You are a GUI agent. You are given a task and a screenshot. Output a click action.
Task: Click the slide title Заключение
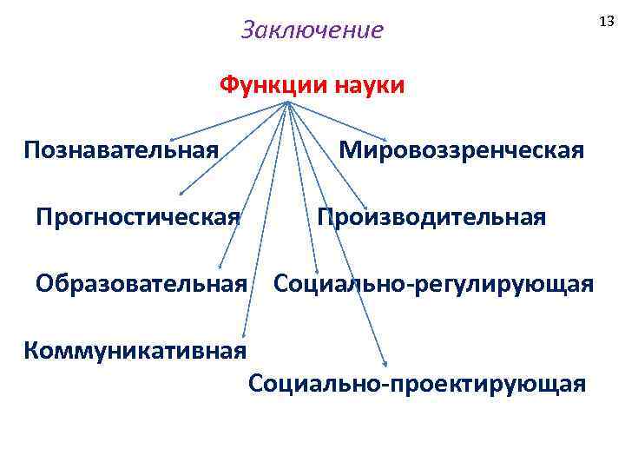pos(312,30)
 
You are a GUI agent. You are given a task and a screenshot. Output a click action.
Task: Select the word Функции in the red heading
pos(266,85)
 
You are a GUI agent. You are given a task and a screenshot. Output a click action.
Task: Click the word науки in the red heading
pos(364,85)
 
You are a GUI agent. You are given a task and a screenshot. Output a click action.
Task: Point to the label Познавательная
pos(122,150)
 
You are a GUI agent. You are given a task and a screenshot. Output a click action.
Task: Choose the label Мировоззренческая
pos(461,150)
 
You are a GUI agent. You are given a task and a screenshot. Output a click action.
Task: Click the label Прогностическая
pos(138,215)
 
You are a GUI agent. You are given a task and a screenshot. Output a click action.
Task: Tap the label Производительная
pos(431,215)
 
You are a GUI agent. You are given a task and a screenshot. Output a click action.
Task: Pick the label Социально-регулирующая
pos(434,283)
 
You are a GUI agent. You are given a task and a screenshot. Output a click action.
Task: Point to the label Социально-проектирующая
pos(417,382)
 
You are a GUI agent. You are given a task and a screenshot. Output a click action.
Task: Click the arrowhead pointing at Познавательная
pos(172,139)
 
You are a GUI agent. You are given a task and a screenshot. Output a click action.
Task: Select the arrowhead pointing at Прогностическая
pos(181,195)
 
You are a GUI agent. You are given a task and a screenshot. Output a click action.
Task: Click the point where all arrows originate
pos(287,103)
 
